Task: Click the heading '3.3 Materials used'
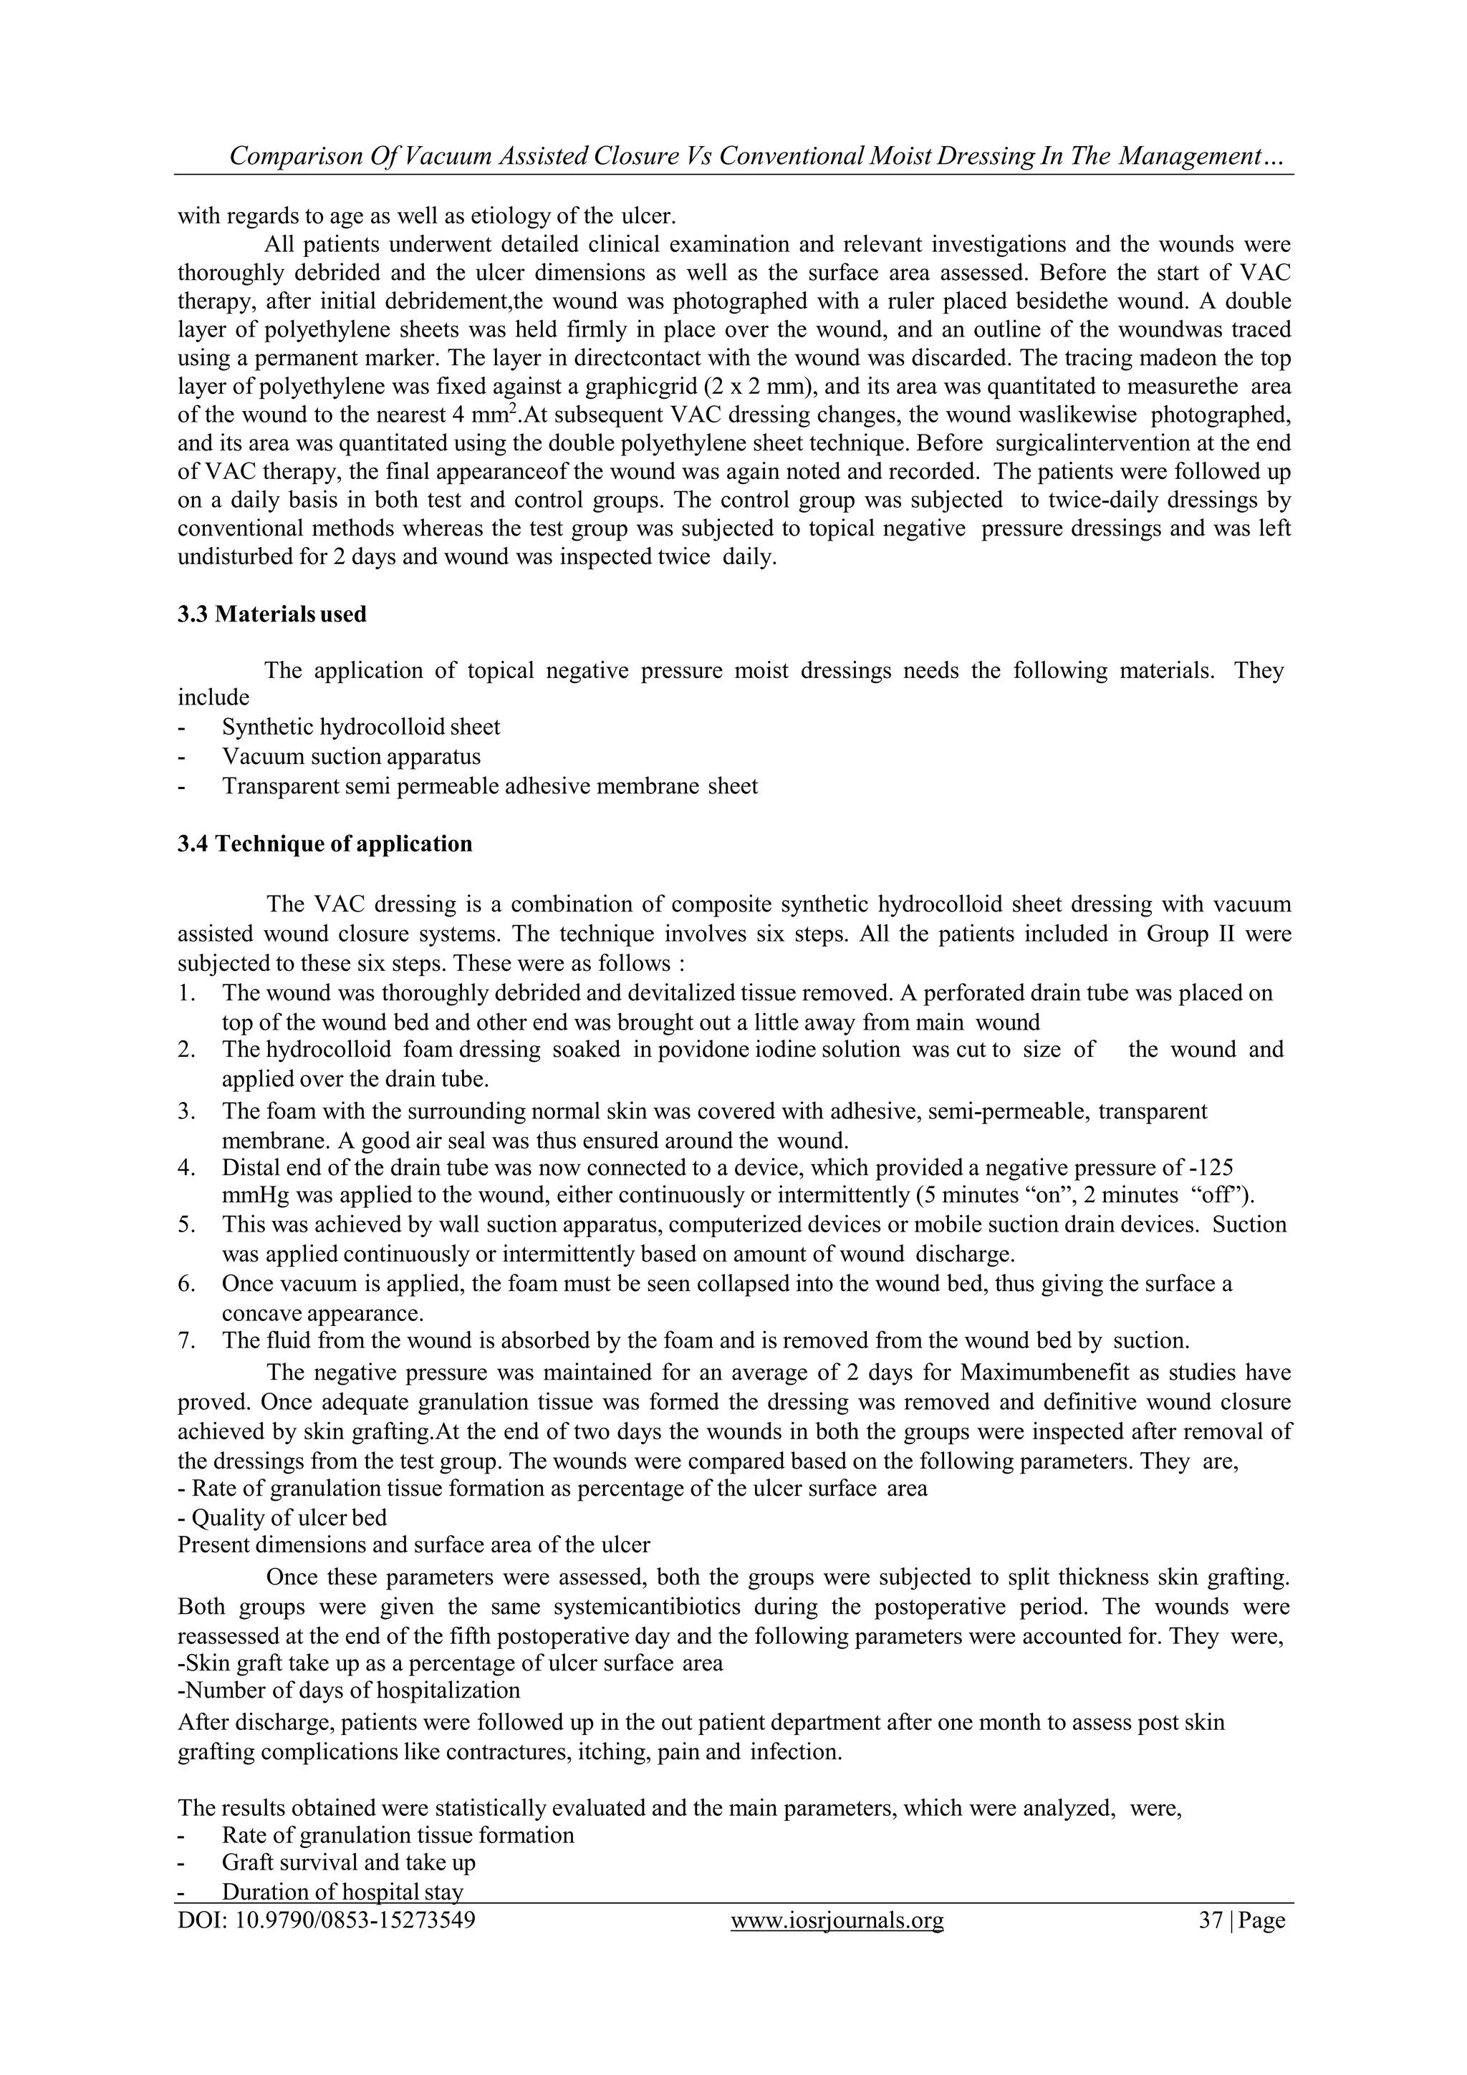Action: [271, 614]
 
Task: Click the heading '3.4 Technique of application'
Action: [324, 843]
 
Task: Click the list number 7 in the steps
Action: [186, 1340]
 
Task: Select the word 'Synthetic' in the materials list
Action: [269, 727]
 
